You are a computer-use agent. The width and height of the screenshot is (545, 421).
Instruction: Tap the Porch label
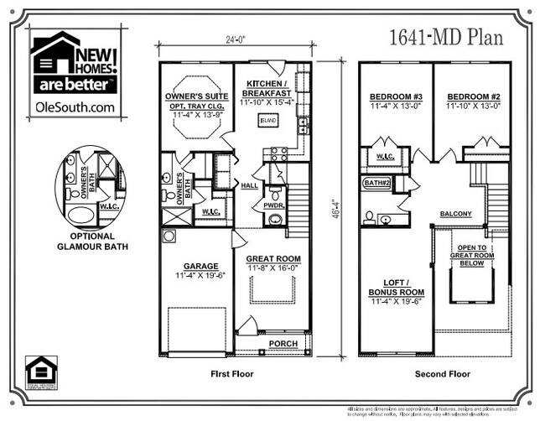coord(279,344)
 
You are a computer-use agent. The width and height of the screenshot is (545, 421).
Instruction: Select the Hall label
coord(248,186)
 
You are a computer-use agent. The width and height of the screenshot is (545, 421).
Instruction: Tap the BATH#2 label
coord(377,181)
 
